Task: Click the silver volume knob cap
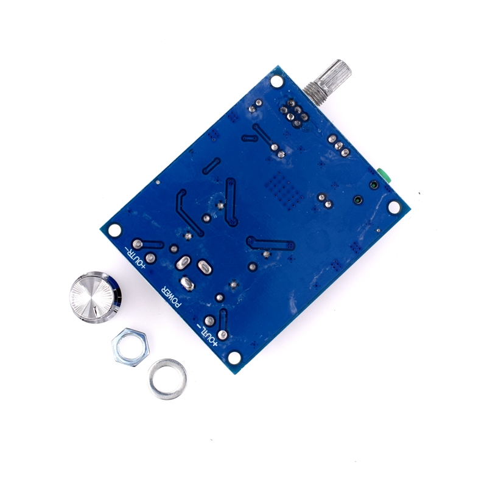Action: pos(96,297)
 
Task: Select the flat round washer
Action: pos(167,379)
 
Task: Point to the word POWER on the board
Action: pos(170,296)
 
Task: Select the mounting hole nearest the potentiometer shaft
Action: pos(276,81)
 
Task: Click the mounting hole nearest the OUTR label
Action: pos(114,230)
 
